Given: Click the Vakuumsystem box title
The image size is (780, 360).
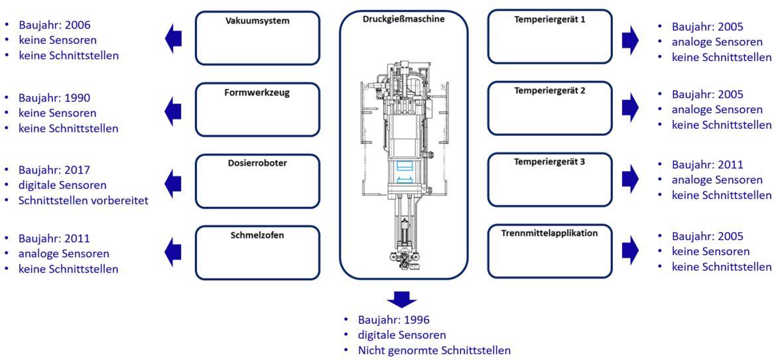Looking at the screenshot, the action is point(257,21).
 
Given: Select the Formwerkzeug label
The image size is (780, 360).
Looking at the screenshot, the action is point(257,92).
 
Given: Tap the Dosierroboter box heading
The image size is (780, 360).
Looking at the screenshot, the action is point(257,163).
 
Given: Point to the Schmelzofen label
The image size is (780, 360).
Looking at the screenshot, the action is point(257,235).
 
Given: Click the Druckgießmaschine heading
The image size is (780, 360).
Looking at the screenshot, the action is point(403,19).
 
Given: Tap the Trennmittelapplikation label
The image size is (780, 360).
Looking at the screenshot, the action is point(550,233).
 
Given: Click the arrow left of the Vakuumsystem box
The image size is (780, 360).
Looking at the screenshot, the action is point(174,39).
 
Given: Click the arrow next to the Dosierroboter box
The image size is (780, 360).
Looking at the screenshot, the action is point(174,181).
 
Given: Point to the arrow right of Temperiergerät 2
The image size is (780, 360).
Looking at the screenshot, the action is point(630,108).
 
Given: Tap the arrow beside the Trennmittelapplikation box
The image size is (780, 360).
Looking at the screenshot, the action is point(630,249).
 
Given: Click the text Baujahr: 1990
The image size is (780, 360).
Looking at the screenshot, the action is point(54,97).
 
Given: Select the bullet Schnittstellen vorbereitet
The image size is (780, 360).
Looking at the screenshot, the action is point(84,202).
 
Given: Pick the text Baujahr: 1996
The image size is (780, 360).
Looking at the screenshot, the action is point(393,320).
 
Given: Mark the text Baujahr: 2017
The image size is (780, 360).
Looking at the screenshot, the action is point(54,170).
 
